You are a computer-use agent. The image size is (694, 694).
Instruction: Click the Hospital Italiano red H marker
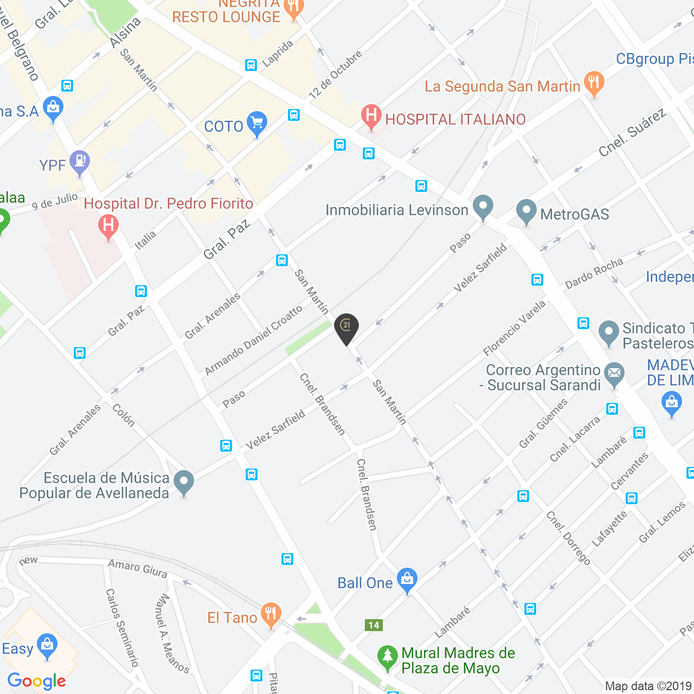coord(371,116)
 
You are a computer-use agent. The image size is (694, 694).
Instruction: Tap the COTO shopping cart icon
coord(256,124)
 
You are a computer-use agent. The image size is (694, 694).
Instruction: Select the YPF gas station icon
coord(80,162)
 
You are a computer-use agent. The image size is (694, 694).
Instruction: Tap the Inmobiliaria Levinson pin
coord(483,207)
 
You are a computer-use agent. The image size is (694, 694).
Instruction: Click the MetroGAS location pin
coord(526,211)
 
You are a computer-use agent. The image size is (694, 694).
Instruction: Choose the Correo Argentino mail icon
coord(614,374)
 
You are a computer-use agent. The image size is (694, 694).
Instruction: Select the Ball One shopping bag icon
coord(407,580)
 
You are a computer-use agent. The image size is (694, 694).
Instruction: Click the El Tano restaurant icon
coord(271,615)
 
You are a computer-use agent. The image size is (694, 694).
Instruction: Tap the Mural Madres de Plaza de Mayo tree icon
coord(387,657)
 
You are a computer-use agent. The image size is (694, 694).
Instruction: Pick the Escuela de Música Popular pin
coord(184,482)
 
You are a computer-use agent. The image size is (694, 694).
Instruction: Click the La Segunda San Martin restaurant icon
coord(595,83)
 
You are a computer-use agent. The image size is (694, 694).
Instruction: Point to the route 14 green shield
coord(374,625)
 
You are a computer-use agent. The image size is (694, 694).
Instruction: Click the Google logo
coord(37,681)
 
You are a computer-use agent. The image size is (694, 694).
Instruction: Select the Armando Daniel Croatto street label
coord(254,340)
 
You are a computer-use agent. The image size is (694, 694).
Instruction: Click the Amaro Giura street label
coord(137,568)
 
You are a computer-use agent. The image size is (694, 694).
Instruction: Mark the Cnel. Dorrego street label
coord(568,538)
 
